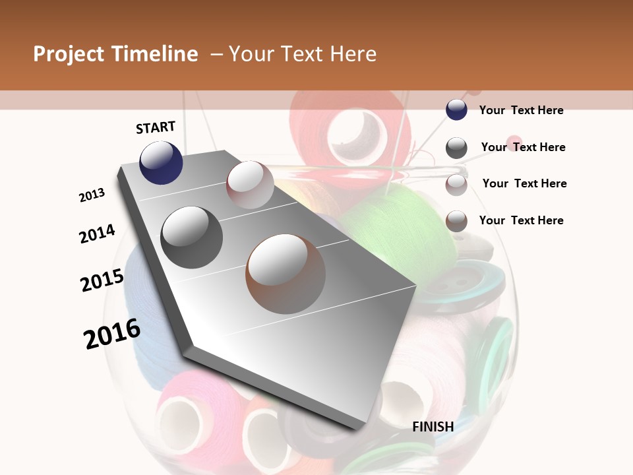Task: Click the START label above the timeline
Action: tap(156, 127)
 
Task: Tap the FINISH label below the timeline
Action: tap(433, 427)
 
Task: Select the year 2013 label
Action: tap(92, 195)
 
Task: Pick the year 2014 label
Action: tap(97, 234)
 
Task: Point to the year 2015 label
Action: tap(102, 280)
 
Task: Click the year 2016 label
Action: tap(112, 334)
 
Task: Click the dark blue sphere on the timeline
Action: tap(161, 162)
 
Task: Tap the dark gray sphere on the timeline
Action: tap(191, 237)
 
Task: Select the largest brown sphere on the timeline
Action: tap(285, 274)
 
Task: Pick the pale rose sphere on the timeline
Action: tap(250, 185)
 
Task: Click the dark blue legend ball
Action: tap(456, 110)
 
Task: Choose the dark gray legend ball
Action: tap(456, 148)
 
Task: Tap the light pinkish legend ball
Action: tap(456, 185)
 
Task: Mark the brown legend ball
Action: tap(456, 221)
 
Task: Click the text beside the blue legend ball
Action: tap(521, 110)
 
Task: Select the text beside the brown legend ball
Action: tap(521, 220)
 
